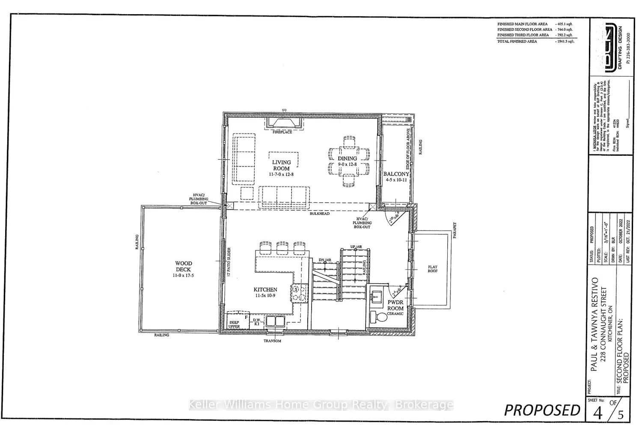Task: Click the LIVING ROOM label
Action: (281, 165)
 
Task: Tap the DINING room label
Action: (347, 158)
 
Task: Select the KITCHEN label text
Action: (265, 290)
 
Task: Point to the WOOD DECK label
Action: (183, 266)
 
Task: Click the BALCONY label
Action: (396, 174)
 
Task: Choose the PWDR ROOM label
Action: (395, 305)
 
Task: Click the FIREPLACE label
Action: (282, 132)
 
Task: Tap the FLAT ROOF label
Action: (433, 269)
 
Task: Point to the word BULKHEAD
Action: (320, 213)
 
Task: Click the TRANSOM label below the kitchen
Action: (272, 341)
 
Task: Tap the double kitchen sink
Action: (275, 321)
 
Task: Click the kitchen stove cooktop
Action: (300, 293)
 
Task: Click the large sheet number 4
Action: (598, 413)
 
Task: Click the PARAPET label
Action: (455, 230)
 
